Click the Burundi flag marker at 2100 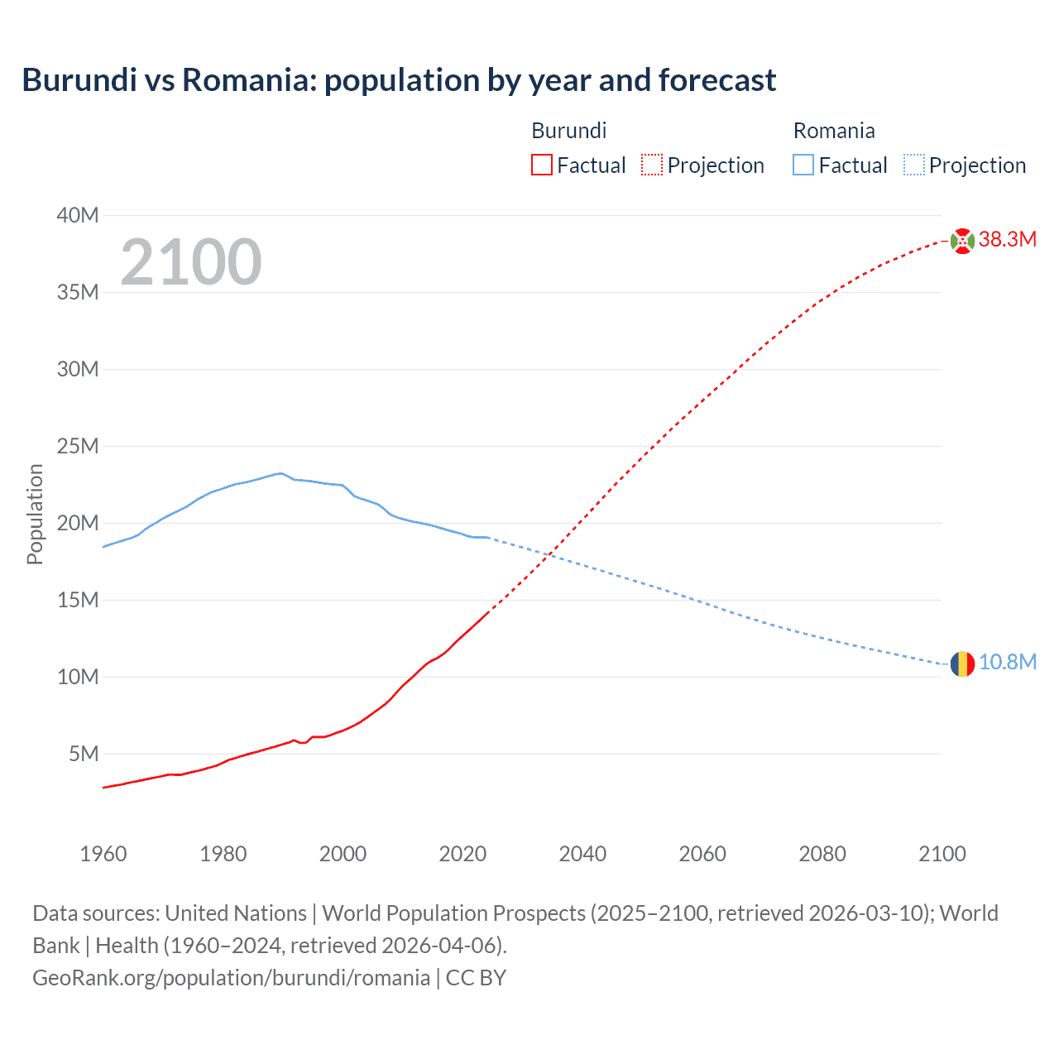(962, 241)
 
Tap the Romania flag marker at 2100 (962, 664)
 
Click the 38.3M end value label (1008, 240)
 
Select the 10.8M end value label (1008, 663)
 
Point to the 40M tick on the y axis (78, 216)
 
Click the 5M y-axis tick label (84, 755)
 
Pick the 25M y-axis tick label (78, 447)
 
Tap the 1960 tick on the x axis (103, 854)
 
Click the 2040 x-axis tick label (582, 854)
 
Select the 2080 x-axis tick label (822, 854)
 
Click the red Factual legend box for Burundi (542, 165)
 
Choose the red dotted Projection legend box (652, 165)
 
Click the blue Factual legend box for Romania (803, 165)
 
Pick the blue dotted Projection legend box (913, 165)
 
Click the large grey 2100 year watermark (191, 262)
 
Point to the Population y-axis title (35, 514)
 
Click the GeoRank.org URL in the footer (231, 978)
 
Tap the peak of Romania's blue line (281, 473)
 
